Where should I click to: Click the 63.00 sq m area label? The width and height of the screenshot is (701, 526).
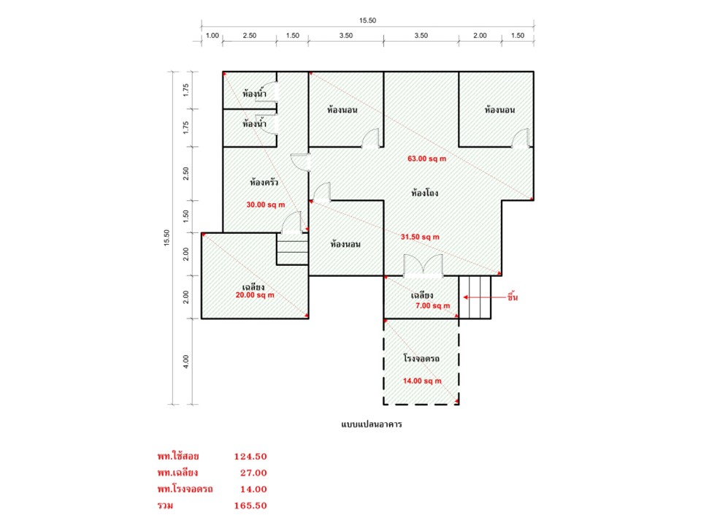click(x=427, y=159)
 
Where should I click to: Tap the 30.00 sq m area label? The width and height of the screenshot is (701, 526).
click(x=266, y=205)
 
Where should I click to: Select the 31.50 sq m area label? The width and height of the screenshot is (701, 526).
click(x=420, y=237)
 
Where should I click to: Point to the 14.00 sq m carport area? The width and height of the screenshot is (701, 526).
click(x=422, y=381)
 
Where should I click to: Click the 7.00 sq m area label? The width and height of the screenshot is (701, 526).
click(x=433, y=306)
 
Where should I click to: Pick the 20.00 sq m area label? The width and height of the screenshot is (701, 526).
click(x=255, y=295)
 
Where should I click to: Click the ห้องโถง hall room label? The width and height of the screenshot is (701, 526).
click(x=424, y=193)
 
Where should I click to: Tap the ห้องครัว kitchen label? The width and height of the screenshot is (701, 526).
click(x=264, y=183)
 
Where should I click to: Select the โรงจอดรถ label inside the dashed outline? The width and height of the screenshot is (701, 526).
click(x=421, y=358)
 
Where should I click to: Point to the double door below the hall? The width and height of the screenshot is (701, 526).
click(x=423, y=266)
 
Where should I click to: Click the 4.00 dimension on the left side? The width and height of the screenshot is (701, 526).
click(x=186, y=362)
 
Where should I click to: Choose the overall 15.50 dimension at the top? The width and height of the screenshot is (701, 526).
click(x=367, y=20)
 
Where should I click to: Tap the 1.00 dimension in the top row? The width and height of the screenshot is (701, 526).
click(x=212, y=36)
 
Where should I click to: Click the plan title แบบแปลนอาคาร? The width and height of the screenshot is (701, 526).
click(x=371, y=424)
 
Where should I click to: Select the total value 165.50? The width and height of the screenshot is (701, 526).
click(x=250, y=506)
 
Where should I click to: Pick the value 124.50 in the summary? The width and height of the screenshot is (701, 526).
click(x=250, y=457)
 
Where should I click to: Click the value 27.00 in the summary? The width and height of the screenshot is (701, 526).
click(x=253, y=473)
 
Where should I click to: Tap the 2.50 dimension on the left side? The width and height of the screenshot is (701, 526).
click(x=186, y=174)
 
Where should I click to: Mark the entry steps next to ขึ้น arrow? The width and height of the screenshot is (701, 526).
click(x=475, y=297)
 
